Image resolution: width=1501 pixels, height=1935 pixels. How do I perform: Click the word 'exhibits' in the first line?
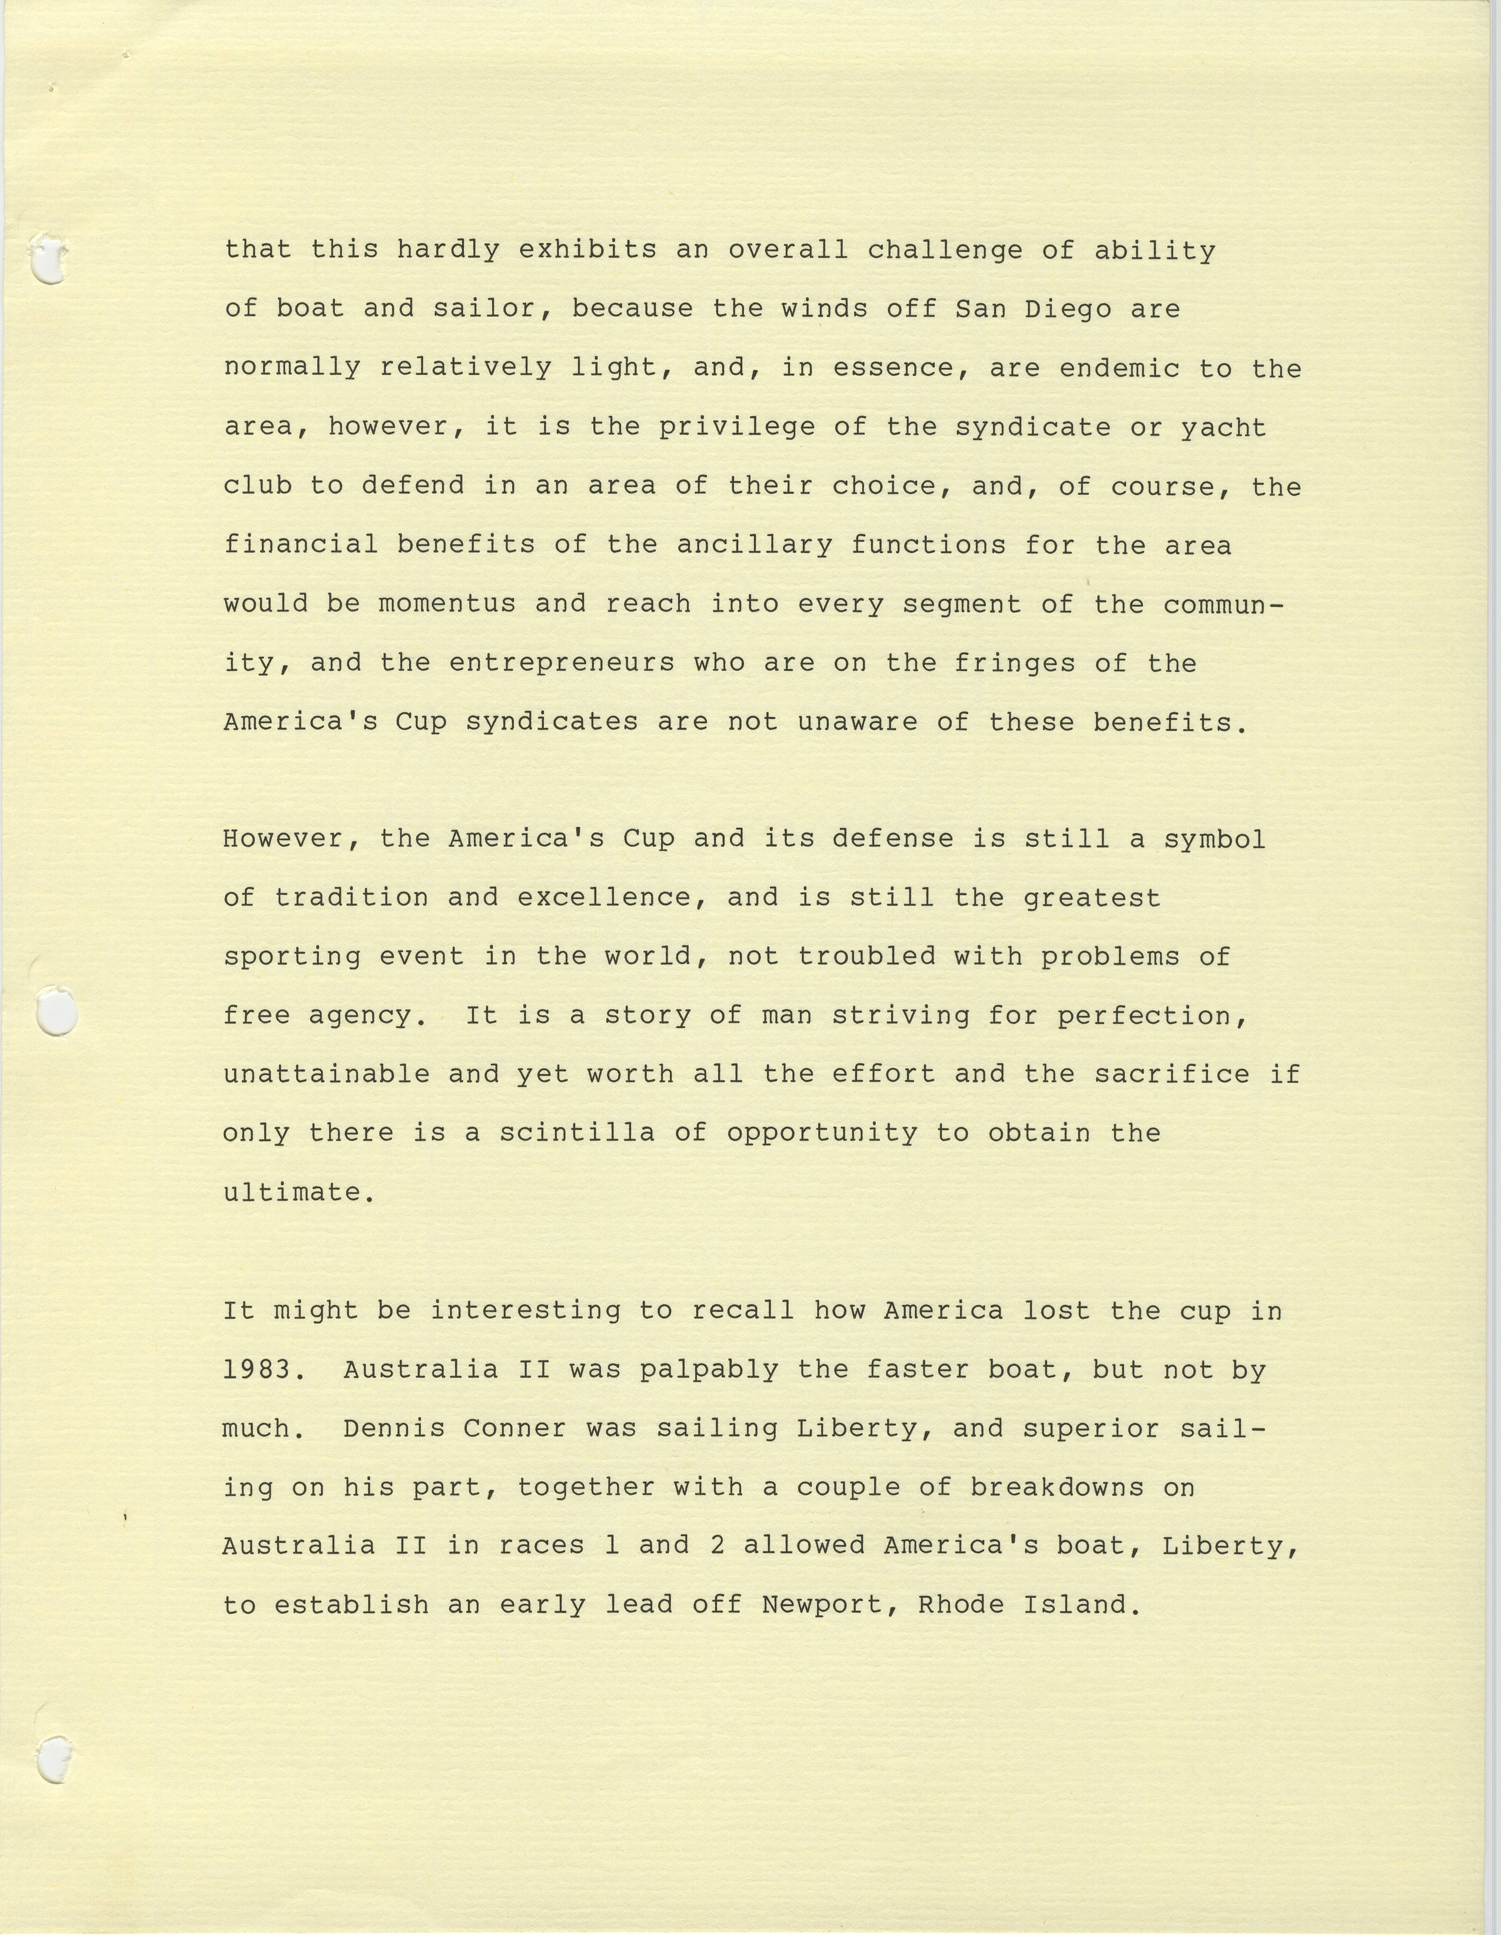[587, 251]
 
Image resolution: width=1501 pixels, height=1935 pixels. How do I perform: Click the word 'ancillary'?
[754, 545]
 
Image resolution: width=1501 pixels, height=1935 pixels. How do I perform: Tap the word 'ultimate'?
[293, 1192]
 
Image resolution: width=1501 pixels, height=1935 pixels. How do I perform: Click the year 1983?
[257, 1369]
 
